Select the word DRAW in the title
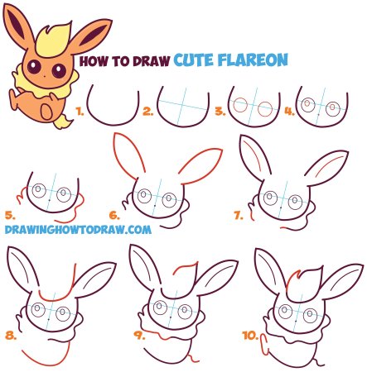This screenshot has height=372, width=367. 151,61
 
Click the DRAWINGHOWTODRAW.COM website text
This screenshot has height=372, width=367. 78,230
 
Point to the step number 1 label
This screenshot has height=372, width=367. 80,112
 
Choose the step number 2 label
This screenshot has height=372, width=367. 148,112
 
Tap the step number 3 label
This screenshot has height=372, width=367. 220,112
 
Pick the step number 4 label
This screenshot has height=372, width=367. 290,112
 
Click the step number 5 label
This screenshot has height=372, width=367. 10,215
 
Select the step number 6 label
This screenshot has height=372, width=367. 114,215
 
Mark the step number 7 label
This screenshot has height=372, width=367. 239,215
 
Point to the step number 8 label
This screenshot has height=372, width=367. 11,336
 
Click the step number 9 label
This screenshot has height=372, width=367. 139,335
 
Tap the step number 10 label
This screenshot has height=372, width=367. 250,336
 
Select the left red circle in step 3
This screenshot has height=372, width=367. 239,105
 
